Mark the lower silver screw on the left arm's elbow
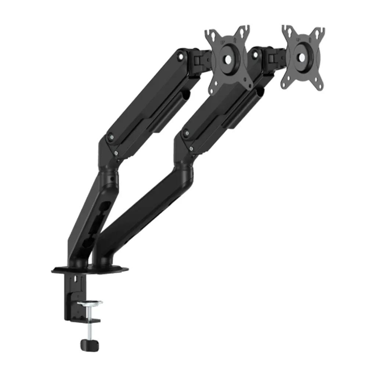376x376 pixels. click(x=116, y=153)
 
